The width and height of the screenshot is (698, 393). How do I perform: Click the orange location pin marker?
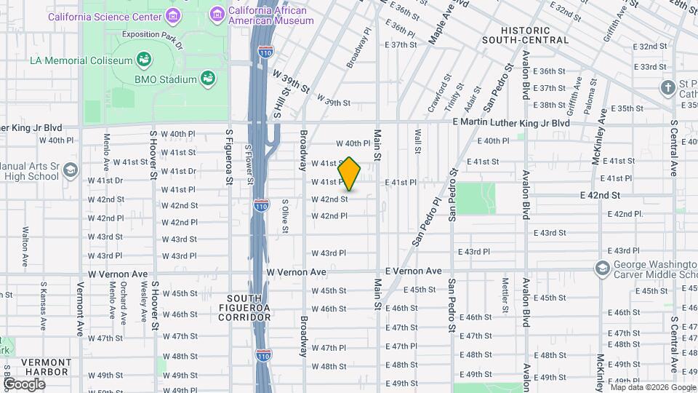coord(350,174)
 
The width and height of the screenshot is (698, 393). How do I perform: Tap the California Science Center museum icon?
coord(172,15)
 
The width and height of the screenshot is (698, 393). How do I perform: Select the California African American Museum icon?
coord(217,14)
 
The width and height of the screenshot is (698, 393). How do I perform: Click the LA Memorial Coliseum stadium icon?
coord(144,60)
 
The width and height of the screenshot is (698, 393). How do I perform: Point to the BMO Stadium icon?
coord(209,78)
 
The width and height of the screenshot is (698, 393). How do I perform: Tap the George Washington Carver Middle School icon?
coord(601,269)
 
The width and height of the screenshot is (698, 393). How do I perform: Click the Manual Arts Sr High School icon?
coord(70,171)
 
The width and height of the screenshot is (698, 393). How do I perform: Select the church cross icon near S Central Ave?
coord(668,88)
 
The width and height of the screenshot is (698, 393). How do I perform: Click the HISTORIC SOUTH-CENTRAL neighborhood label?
coord(526,34)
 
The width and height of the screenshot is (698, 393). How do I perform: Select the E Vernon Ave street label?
coord(413,271)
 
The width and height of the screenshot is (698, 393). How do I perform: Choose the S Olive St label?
coord(285,216)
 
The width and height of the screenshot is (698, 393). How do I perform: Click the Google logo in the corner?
coord(25,384)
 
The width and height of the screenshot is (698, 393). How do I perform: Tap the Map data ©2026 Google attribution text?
coord(652,387)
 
